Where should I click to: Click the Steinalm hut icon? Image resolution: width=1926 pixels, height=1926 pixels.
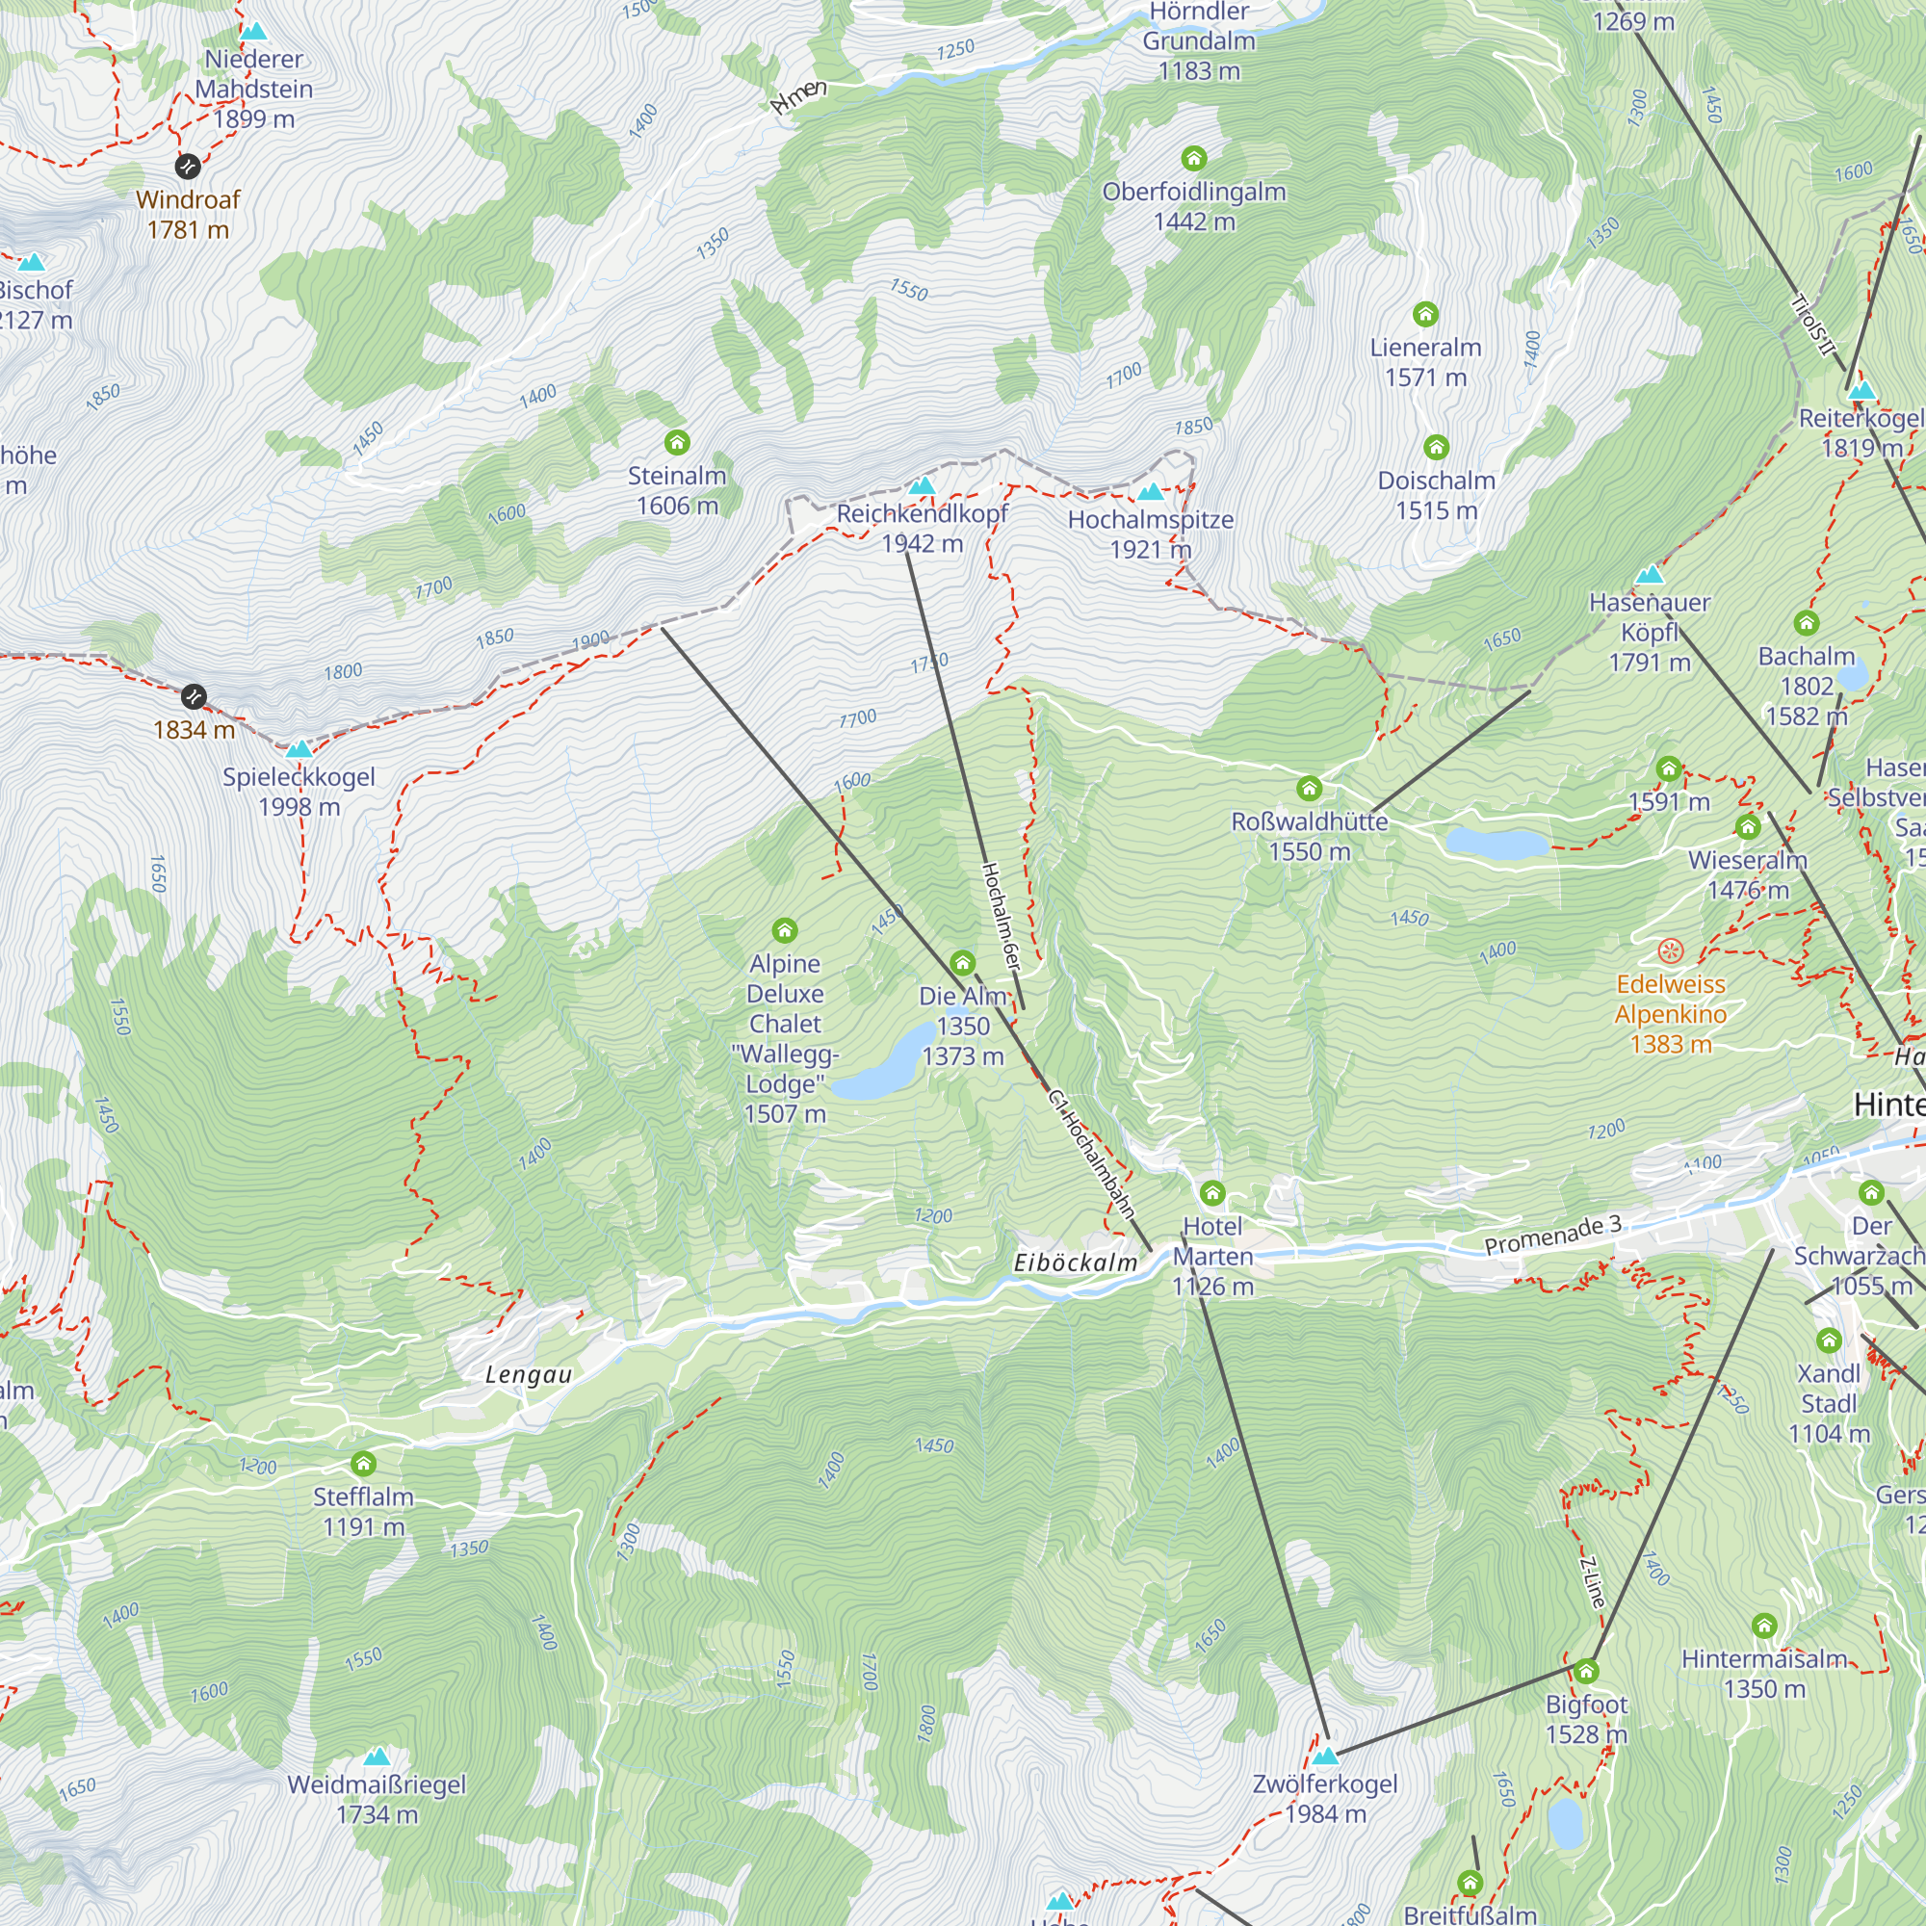point(677,442)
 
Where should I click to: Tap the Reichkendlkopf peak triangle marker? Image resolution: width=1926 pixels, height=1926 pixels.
point(923,486)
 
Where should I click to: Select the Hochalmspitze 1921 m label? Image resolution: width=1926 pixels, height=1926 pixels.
point(1151,534)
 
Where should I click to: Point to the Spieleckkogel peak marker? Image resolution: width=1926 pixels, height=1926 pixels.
point(299,749)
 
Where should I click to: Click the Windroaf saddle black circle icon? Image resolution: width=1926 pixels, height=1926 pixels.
point(188,166)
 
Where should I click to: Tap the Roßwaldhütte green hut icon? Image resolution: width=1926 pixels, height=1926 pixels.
point(1309,789)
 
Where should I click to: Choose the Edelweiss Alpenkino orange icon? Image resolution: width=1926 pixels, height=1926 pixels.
point(1671,950)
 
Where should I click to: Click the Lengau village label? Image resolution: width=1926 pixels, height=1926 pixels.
point(529,1375)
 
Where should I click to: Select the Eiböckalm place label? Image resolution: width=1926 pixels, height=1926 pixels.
point(1075,1263)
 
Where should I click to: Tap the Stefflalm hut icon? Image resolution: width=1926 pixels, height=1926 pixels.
point(363,1464)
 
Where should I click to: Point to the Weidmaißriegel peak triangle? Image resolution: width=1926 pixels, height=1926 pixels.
point(376,1757)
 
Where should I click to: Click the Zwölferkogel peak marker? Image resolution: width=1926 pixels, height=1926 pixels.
point(1325,1756)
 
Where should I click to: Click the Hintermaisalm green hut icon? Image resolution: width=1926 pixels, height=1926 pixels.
point(1764,1626)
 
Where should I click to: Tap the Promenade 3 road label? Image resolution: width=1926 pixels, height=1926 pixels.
point(1552,1236)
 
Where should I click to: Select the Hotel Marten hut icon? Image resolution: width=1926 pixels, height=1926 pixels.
point(1212,1192)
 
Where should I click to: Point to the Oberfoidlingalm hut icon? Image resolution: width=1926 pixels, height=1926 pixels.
point(1193,158)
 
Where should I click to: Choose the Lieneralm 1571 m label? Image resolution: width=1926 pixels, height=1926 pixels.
point(1425,362)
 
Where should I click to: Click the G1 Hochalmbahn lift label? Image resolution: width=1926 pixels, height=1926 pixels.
point(1092,1155)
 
